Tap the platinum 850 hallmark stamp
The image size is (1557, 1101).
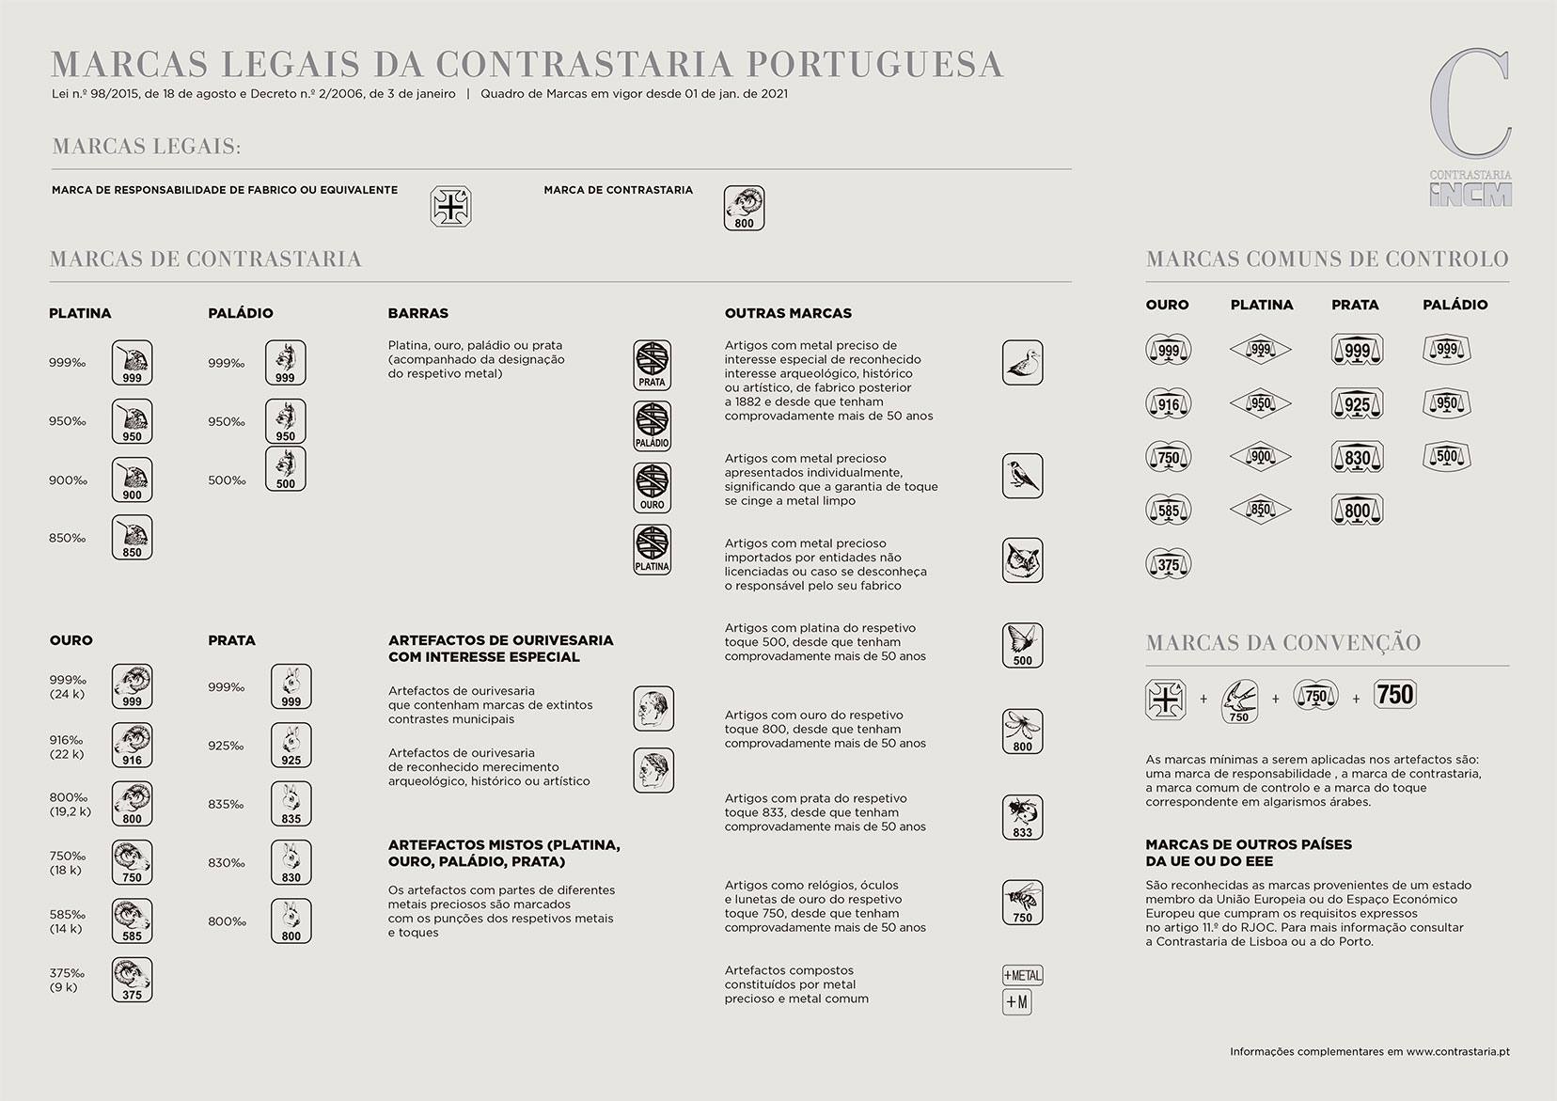click(x=132, y=537)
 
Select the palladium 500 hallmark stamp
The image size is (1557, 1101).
click(x=285, y=468)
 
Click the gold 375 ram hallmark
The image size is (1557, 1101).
click(x=132, y=979)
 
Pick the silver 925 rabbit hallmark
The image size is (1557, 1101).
click(x=291, y=745)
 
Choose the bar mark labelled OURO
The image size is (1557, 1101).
click(x=652, y=487)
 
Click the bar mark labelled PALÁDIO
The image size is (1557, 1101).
click(x=652, y=426)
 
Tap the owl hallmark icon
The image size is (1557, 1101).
click(x=1022, y=560)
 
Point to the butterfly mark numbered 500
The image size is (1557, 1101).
click(x=1022, y=645)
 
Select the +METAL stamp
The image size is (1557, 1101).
click(x=1022, y=975)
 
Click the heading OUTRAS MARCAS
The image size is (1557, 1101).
click(x=788, y=313)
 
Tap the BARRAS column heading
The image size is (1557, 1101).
click(x=417, y=313)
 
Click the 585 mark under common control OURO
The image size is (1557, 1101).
click(x=1168, y=511)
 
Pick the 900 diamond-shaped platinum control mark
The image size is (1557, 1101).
click(x=1260, y=457)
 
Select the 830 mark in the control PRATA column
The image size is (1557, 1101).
click(x=1357, y=457)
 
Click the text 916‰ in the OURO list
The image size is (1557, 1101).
click(x=66, y=740)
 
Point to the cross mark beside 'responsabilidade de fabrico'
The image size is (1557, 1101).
click(x=450, y=207)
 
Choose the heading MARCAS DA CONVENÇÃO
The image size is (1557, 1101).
click(x=1282, y=643)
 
